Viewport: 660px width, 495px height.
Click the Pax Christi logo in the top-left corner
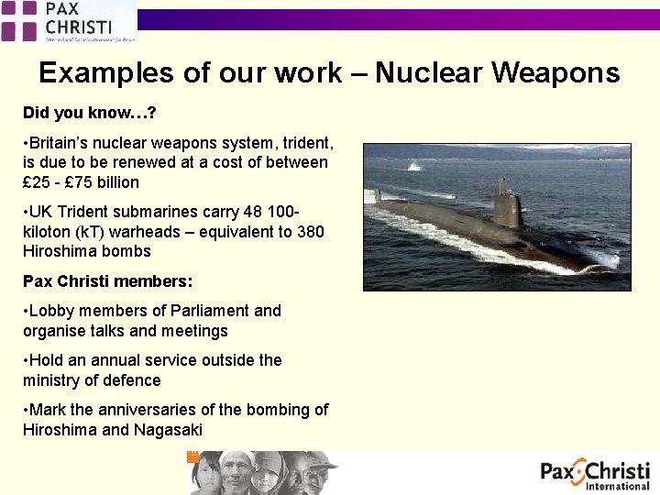tap(69, 21)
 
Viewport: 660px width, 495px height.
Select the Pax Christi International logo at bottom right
tap(595, 475)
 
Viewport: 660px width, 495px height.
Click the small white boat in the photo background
tap(413, 166)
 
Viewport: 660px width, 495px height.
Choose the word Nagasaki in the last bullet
tap(168, 430)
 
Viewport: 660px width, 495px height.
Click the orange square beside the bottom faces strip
tap(192, 456)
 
